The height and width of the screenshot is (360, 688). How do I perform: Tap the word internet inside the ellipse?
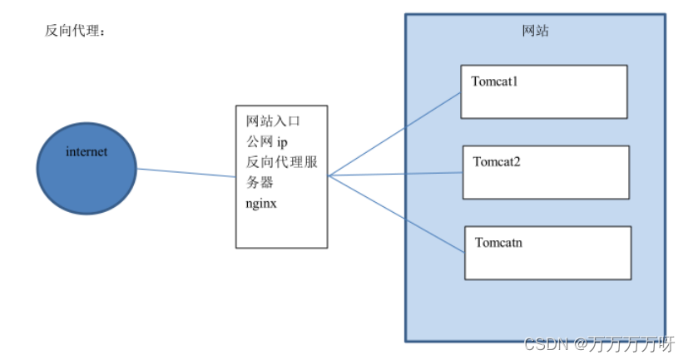(x=87, y=152)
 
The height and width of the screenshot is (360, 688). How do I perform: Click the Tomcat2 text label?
(x=497, y=161)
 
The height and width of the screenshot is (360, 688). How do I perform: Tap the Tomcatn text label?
(x=498, y=243)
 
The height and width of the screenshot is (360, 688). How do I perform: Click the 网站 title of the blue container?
(x=535, y=32)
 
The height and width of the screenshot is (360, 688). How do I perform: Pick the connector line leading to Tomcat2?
(x=395, y=175)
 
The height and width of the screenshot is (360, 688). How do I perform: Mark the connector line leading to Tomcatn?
(x=395, y=212)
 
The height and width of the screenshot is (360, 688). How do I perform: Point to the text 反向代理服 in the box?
(x=276, y=162)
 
